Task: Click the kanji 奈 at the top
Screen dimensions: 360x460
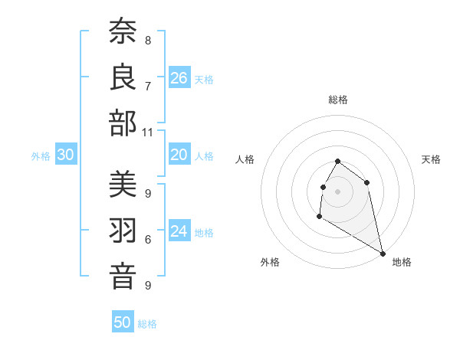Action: pos(123,32)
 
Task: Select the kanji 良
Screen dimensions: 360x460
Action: pos(123,77)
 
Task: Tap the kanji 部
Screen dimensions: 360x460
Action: pos(123,123)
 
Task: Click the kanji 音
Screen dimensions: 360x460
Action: pos(123,277)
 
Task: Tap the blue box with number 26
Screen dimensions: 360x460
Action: pos(179,78)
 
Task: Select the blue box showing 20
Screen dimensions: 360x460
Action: pos(179,155)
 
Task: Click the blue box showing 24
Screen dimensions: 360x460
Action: pos(179,231)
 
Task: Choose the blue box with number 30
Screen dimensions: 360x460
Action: pos(65,155)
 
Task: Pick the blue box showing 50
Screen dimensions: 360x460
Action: pos(123,322)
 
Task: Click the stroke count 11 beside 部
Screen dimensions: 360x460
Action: pos(148,133)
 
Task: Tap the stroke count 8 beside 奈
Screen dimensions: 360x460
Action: pos(148,40)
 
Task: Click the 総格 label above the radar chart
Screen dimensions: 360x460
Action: pos(338,100)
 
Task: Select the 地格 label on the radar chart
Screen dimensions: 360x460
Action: pos(402,262)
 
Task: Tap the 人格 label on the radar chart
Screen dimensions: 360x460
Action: pos(245,159)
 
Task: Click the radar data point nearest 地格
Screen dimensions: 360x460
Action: pos(383,253)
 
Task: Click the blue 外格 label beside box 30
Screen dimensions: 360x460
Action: pos(41,156)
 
